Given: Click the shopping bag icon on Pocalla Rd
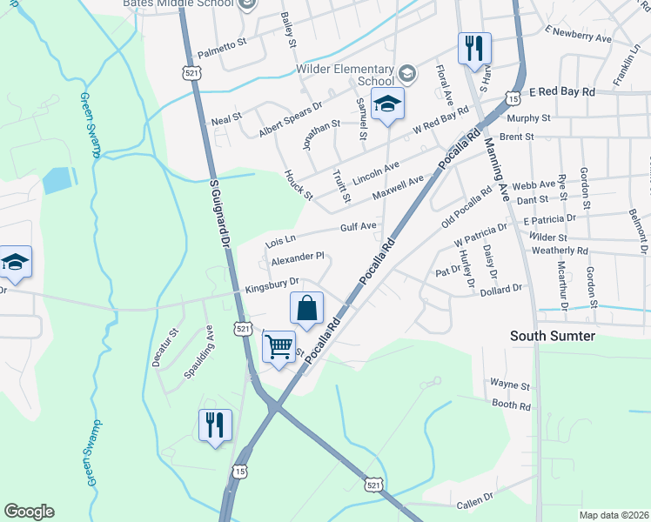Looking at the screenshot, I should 306,308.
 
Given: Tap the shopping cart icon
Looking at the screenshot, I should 279,346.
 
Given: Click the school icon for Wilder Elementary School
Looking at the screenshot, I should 386,104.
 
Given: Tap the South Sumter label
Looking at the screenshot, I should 553,336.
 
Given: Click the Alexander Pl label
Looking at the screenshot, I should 298,258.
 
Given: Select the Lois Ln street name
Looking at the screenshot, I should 280,238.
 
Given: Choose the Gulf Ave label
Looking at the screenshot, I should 358,226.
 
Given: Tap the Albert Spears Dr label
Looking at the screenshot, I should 290,118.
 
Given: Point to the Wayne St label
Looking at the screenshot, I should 510,384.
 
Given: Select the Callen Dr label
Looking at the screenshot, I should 475,503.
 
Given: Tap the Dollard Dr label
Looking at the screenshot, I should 500,288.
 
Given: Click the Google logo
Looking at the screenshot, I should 30,512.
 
